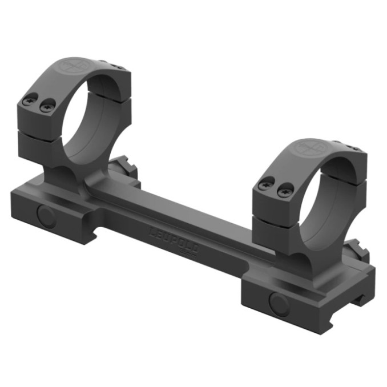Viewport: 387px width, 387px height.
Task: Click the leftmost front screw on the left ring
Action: tap(29, 101)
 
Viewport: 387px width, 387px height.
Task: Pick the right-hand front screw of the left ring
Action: tap(48, 104)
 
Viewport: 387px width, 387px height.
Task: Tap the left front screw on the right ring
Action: tap(264, 185)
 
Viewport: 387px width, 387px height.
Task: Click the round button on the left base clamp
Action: tap(46, 215)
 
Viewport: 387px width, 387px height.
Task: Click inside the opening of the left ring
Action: tap(86, 123)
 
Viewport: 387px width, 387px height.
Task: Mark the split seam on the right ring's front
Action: tap(275, 217)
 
